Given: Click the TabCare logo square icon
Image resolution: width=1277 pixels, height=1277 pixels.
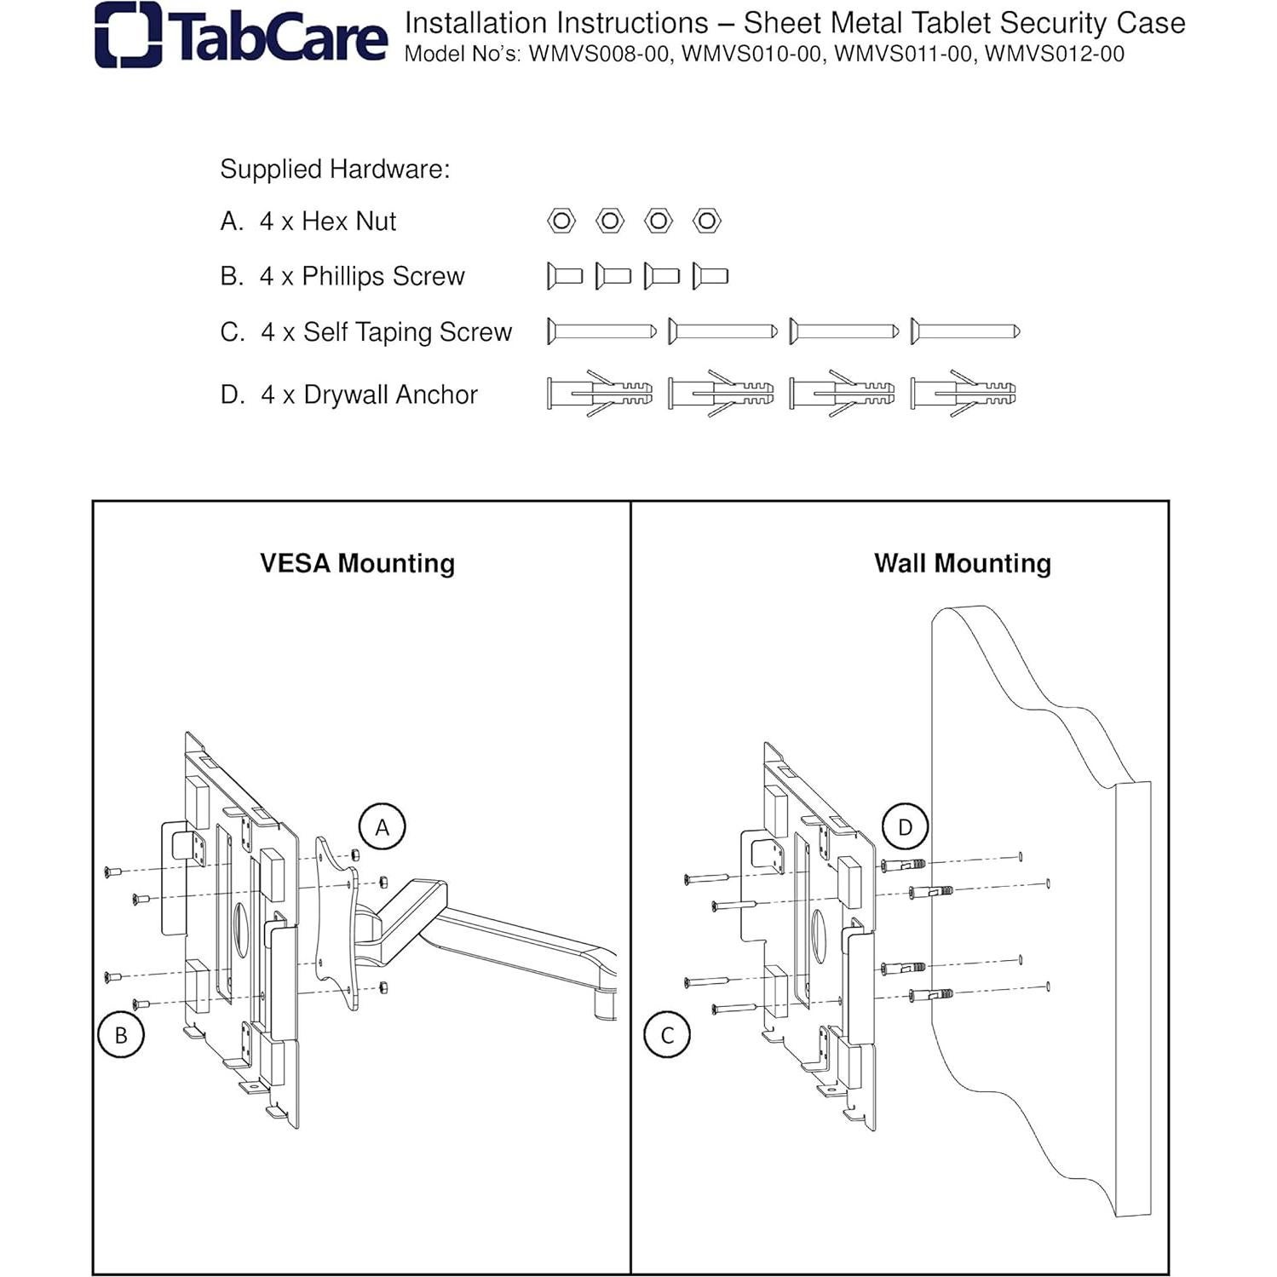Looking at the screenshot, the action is point(128,35).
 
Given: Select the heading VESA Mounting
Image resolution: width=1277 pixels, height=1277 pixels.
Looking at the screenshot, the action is point(357,563).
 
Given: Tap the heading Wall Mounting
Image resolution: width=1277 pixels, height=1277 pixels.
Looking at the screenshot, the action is point(963,563).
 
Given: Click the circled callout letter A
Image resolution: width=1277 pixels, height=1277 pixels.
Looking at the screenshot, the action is point(383,826).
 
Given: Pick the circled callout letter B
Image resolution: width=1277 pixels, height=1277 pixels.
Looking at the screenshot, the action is point(121,1034).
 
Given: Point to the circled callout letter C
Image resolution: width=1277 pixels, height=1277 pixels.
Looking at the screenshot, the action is point(667,1034).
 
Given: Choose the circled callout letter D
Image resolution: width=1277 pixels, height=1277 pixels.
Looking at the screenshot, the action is point(905,826).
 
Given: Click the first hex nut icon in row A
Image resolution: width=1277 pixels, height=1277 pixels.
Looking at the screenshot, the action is point(561,221).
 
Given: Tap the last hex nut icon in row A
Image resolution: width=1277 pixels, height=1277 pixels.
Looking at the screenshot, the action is point(707,221).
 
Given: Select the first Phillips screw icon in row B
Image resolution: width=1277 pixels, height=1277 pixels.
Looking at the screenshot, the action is point(565,276).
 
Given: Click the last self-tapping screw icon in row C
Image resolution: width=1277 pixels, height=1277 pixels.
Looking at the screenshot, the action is point(965,331).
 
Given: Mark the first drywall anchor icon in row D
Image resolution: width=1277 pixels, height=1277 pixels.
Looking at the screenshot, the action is point(600,394).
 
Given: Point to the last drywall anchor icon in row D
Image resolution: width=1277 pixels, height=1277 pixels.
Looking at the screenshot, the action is point(964,394).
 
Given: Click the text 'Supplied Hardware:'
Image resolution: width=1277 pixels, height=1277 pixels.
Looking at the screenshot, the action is point(335,169).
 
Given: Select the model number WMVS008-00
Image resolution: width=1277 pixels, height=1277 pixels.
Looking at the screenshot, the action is point(601,54).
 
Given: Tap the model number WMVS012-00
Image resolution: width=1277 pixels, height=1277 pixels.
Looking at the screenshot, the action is point(1055,54).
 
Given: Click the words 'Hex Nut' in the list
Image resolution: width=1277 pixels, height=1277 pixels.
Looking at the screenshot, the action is point(349,221).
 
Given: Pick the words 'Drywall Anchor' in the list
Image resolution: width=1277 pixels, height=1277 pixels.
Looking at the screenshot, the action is point(391,394).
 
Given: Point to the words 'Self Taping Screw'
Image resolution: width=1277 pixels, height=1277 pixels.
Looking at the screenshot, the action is point(408,332).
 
